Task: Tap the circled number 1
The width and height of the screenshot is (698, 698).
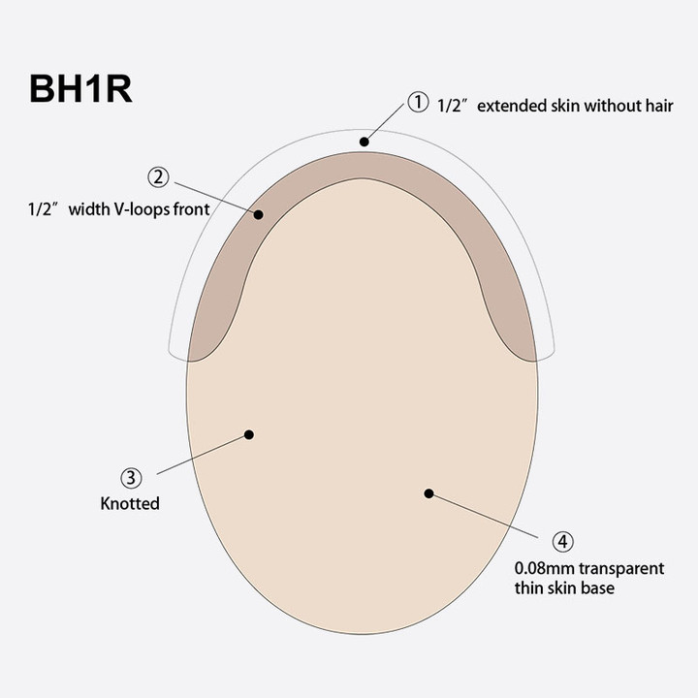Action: point(417,102)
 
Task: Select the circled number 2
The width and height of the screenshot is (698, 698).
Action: point(159,177)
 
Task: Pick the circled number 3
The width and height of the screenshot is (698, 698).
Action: point(132,478)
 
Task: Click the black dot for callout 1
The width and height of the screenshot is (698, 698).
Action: point(364,142)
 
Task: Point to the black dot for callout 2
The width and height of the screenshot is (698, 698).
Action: point(259,214)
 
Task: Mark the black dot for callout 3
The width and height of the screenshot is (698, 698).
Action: point(248,435)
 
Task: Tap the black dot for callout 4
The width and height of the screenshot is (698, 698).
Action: point(428,493)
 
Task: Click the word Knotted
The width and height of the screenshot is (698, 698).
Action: point(130,504)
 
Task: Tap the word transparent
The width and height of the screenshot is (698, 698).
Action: point(621,568)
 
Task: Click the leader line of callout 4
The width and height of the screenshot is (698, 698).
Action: point(485,515)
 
